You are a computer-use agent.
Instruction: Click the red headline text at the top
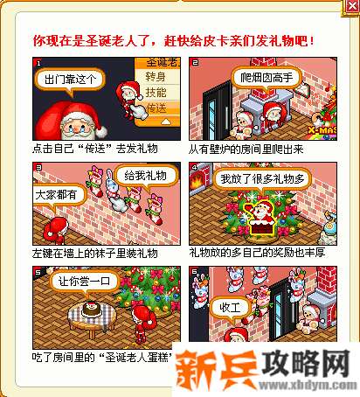point(173,41)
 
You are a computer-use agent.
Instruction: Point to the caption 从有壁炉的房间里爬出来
point(252,150)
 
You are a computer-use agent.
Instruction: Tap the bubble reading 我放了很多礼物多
point(261,179)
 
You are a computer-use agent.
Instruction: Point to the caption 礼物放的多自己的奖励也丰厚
point(258,253)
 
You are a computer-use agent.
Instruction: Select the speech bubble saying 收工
point(230,307)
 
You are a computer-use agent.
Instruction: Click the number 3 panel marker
point(36,165)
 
